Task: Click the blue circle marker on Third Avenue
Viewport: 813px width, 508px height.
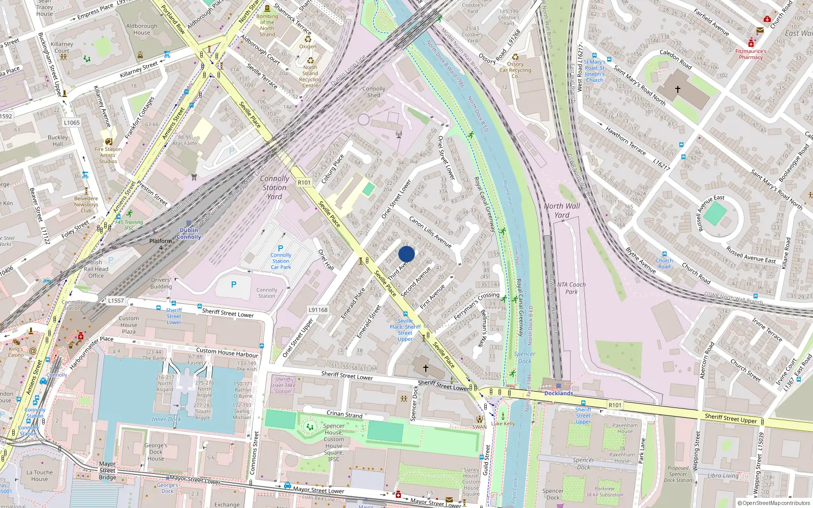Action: (x=407, y=254)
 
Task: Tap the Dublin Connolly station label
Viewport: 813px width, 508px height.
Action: (x=189, y=234)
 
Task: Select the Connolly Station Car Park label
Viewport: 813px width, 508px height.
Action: (x=280, y=261)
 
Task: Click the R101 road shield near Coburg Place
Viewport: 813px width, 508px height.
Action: (x=304, y=182)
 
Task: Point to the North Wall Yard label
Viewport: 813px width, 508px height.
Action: (x=561, y=210)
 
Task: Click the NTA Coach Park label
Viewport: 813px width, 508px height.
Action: (x=571, y=288)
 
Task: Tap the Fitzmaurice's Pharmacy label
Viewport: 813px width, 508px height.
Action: (x=751, y=54)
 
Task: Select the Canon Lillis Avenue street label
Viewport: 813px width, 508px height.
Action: (x=430, y=232)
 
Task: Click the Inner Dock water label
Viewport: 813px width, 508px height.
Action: (x=166, y=419)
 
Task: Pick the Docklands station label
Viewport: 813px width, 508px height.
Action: (x=558, y=393)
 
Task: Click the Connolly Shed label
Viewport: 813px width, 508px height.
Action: (x=373, y=92)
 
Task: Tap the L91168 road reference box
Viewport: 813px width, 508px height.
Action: (x=318, y=309)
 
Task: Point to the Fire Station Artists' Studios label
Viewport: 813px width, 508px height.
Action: (x=108, y=155)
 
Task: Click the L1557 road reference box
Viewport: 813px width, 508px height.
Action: (x=116, y=300)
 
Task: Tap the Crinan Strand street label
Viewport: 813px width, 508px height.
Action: (x=344, y=415)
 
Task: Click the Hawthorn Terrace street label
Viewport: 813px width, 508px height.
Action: (x=625, y=141)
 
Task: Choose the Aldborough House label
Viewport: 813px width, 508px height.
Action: (x=142, y=29)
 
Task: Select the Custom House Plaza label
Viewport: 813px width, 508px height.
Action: (x=129, y=325)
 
